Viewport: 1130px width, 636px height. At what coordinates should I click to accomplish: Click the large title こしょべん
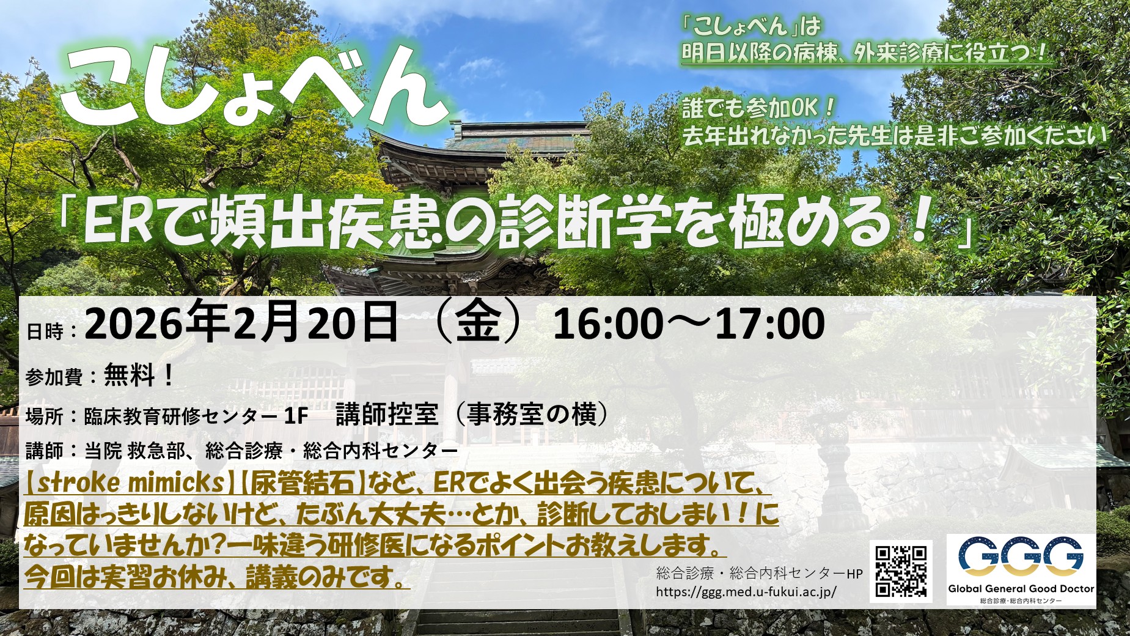coord(254,89)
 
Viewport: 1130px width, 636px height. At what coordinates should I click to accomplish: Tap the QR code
coord(901,571)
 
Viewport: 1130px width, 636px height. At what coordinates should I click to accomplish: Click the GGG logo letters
coord(1020,558)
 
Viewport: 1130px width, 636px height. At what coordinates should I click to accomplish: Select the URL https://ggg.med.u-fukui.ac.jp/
coord(746,592)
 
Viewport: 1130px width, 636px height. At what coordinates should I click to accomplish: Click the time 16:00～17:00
coord(689,324)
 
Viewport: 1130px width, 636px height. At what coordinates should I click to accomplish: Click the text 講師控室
coord(387,415)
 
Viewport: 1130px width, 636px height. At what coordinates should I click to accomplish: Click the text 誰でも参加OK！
coord(758,108)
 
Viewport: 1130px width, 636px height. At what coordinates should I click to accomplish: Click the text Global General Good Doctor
coord(1021,589)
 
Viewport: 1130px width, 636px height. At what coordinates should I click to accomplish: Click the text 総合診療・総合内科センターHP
coord(759,574)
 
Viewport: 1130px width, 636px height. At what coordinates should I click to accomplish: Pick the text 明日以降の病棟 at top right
coord(755,53)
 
